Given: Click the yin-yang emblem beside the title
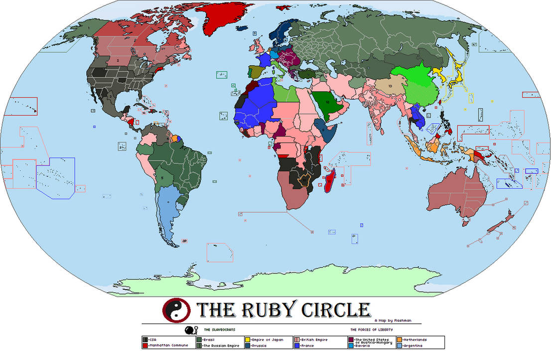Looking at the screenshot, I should pos(177,311).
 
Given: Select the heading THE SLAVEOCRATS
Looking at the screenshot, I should pos(217,330).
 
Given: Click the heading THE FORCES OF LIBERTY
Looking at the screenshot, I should pos(371,330).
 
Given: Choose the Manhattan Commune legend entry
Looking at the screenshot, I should pos(166,346).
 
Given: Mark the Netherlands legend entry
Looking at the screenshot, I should pos(413,340).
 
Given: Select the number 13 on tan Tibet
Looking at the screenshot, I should pos(390,86).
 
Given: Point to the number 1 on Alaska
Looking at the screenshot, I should pos(89,28).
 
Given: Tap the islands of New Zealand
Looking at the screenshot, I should pos(501,223).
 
